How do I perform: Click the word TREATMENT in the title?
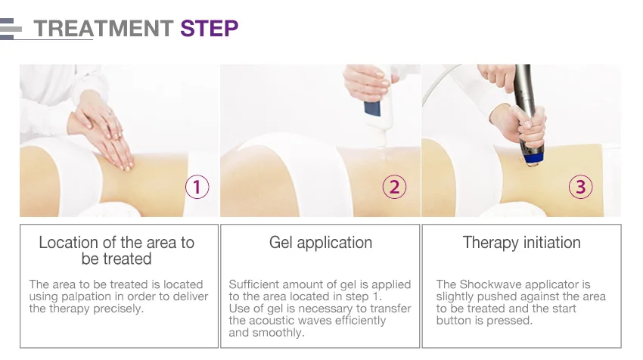(104, 28)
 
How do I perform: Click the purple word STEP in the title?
(209, 28)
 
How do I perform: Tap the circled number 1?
(197, 187)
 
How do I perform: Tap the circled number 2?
(394, 187)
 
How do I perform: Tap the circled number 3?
(581, 187)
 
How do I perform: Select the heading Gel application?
(321, 243)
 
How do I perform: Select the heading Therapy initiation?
(522, 243)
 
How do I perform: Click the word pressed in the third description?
(509, 321)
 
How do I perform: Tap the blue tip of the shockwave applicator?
(531, 158)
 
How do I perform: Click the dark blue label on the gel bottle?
(372, 108)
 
